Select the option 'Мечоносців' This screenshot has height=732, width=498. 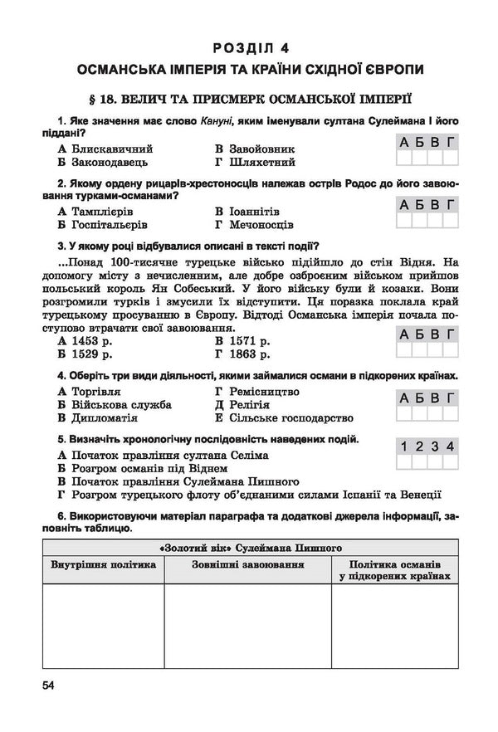260,225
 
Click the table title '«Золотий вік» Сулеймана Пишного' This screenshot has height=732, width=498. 248,548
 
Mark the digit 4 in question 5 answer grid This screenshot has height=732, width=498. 449,447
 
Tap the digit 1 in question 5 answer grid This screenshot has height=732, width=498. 402,447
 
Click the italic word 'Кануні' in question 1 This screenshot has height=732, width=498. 218,120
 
